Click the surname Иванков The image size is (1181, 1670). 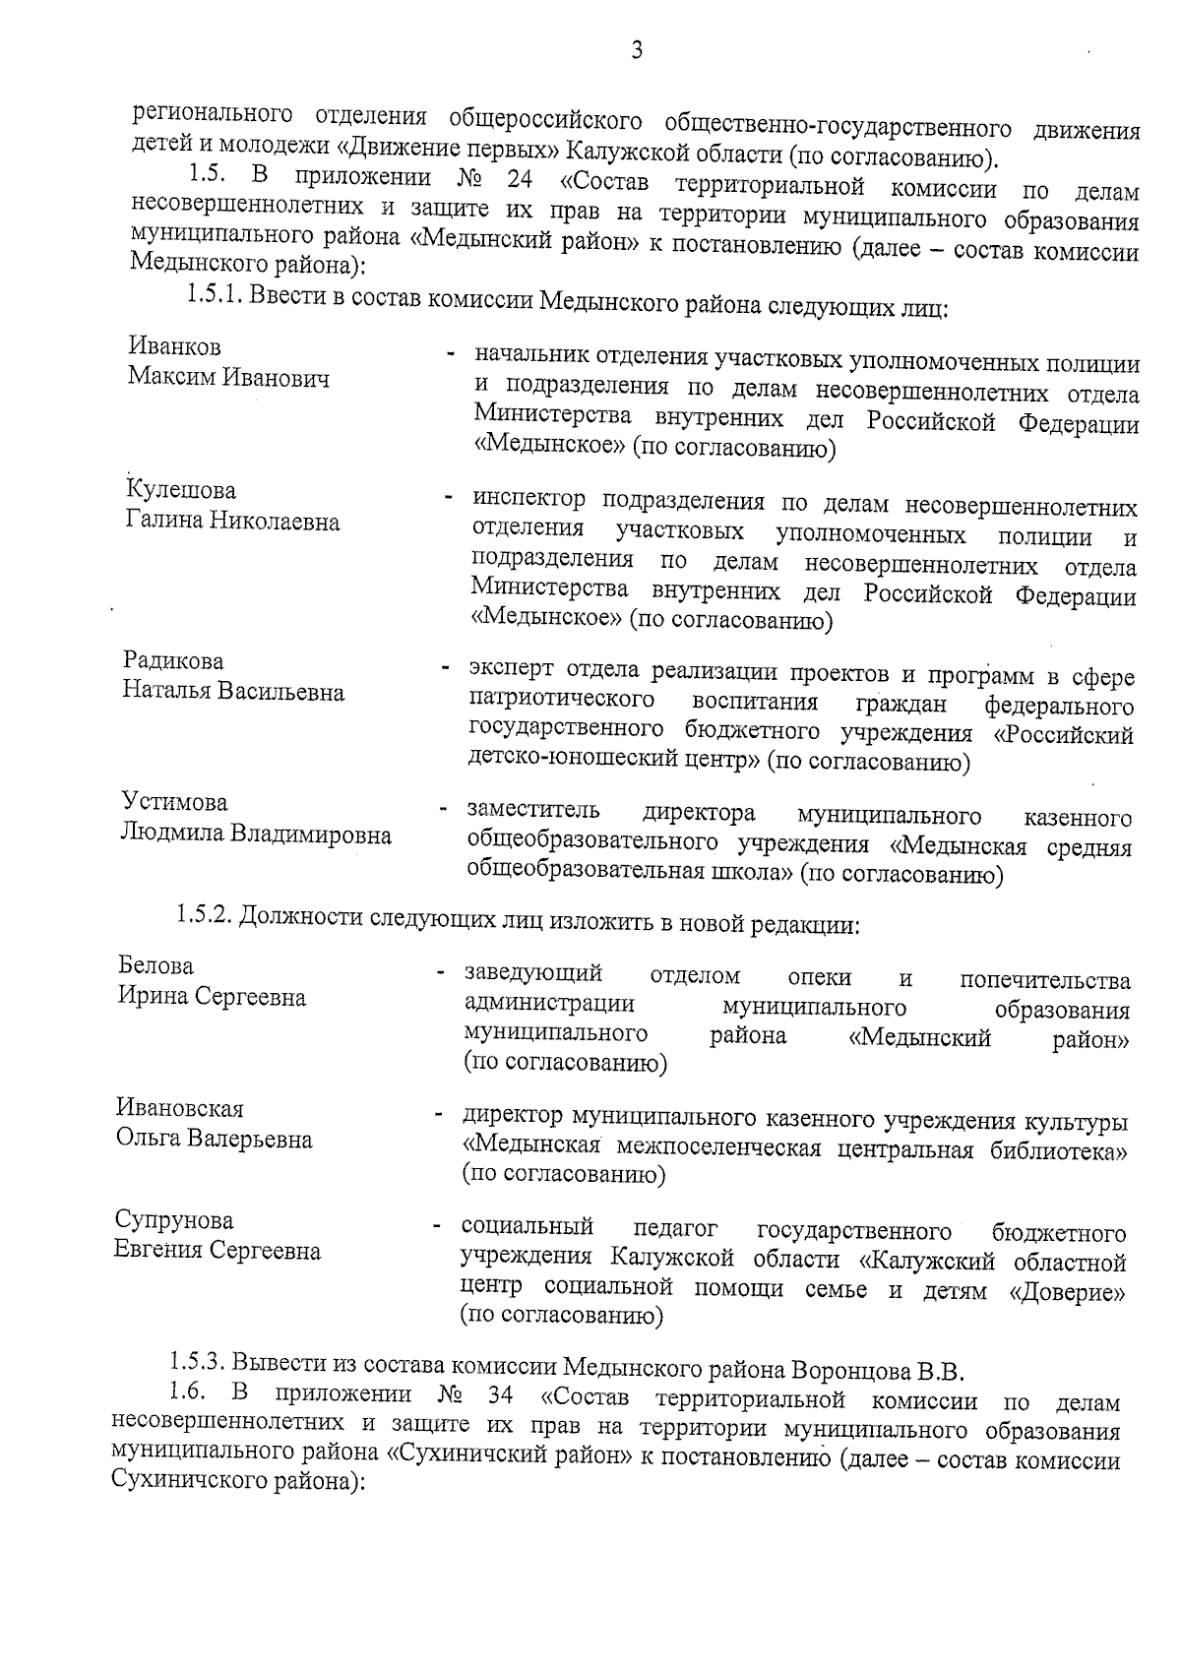(x=174, y=347)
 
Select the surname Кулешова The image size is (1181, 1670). (x=181, y=490)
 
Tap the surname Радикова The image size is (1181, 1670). (x=173, y=660)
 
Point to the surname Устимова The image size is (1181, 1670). (x=174, y=802)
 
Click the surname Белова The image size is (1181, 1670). (x=155, y=965)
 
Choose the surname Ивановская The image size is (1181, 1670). (x=179, y=1109)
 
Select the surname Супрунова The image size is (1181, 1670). (x=174, y=1221)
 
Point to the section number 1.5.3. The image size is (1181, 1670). (x=196, y=1365)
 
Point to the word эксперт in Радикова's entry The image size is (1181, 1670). (x=511, y=671)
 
